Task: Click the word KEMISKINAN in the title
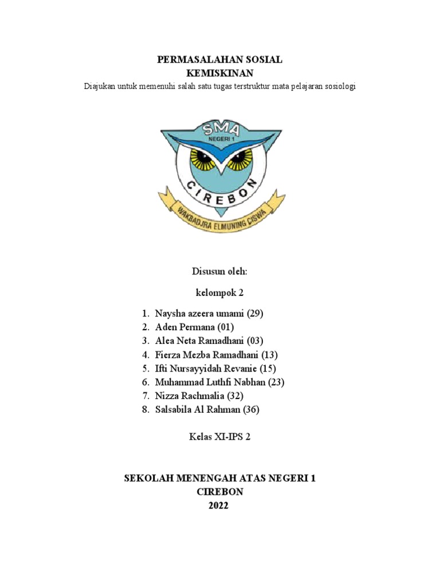(220, 73)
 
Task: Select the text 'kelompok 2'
(220, 292)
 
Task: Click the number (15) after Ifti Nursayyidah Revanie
(272, 369)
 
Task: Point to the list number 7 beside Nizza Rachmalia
(146, 396)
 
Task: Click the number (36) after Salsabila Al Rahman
(255, 410)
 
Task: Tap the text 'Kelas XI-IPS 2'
(220, 437)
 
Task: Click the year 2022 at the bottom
(220, 506)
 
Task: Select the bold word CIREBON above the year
(220, 492)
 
